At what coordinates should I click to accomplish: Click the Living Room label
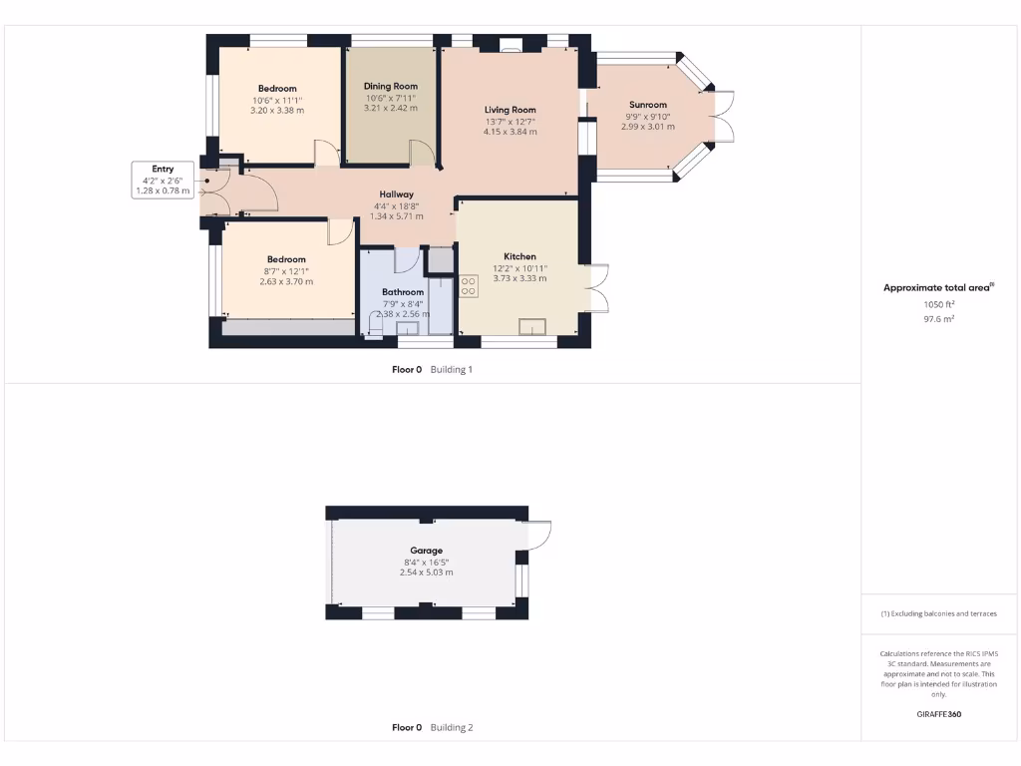coord(510,110)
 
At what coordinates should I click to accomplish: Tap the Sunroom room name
coord(647,105)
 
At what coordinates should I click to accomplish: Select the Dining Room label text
coord(390,87)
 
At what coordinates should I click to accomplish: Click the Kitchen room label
coord(519,256)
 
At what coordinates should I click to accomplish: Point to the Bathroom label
coord(403,292)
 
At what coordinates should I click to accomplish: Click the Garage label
coord(426,551)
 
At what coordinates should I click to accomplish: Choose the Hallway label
coord(396,194)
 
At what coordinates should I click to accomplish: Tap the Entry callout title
coord(163,170)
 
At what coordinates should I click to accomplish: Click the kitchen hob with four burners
coord(469,286)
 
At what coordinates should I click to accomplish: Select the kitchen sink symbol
coord(532,326)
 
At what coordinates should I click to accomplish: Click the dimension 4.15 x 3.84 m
coord(510,132)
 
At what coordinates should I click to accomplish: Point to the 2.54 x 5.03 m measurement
coord(426,573)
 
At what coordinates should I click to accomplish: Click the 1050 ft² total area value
coord(938,305)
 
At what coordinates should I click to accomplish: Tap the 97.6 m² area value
coord(938,319)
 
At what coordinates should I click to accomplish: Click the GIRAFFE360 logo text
coord(938,714)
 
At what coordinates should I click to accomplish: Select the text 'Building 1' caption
coord(451,370)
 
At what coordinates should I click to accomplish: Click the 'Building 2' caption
coord(451,728)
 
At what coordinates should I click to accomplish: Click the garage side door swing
coord(535,537)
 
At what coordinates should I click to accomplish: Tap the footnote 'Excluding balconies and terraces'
coord(938,613)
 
